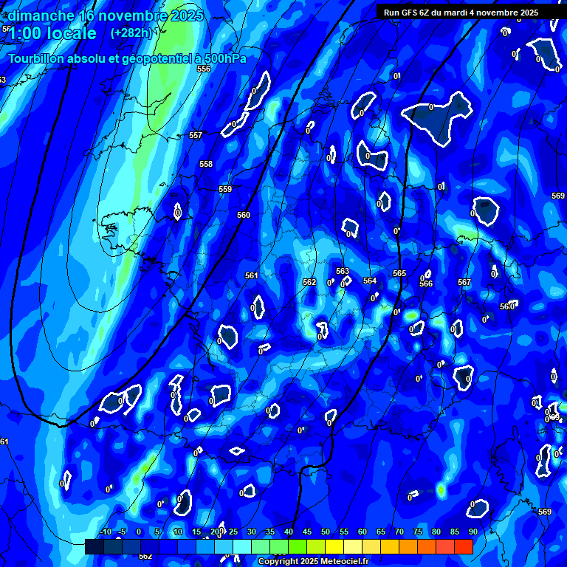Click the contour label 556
[204, 69]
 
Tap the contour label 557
[196, 136]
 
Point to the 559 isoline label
[225, 190]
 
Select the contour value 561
[252, 275]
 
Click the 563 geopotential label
[343, 271]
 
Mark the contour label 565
[399, 273]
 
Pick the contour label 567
[464, 283]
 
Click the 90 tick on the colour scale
[472, 532]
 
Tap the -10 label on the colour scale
[105, 532]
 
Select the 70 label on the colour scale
[399, 532]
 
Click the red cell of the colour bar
[464, 546]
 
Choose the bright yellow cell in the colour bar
[334, 546]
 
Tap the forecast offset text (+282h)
[131, 33]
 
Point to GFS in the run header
[410, 13]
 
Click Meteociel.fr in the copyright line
[340, 562]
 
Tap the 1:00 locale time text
[53, 34]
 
